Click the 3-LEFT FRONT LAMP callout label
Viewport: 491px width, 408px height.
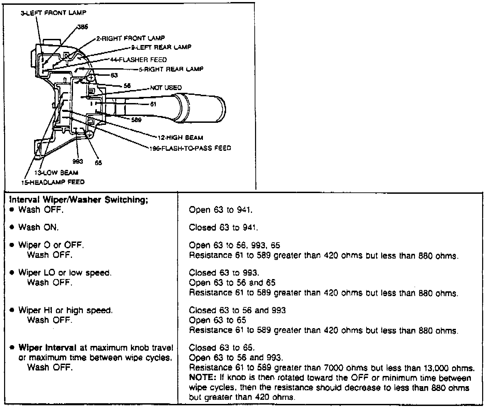(54, 13)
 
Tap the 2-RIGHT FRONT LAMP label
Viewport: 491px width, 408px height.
(130, 38)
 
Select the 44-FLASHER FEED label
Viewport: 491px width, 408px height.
(138, 60)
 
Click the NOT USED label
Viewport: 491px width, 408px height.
(166, 88)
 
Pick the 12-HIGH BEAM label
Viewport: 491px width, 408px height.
(180, 137)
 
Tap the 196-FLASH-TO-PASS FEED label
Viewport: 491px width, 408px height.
(190, 148)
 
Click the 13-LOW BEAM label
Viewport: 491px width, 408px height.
(56, 173)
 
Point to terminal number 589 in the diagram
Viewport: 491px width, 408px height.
(136, 120)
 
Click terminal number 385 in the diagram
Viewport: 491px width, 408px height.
(83, 28)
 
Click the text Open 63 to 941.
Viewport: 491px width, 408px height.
(221, 210)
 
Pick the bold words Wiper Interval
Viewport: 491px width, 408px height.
(48, 348)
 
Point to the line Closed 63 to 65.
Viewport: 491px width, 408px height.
(222, 348)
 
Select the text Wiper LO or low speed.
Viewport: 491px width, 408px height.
(65, 273)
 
